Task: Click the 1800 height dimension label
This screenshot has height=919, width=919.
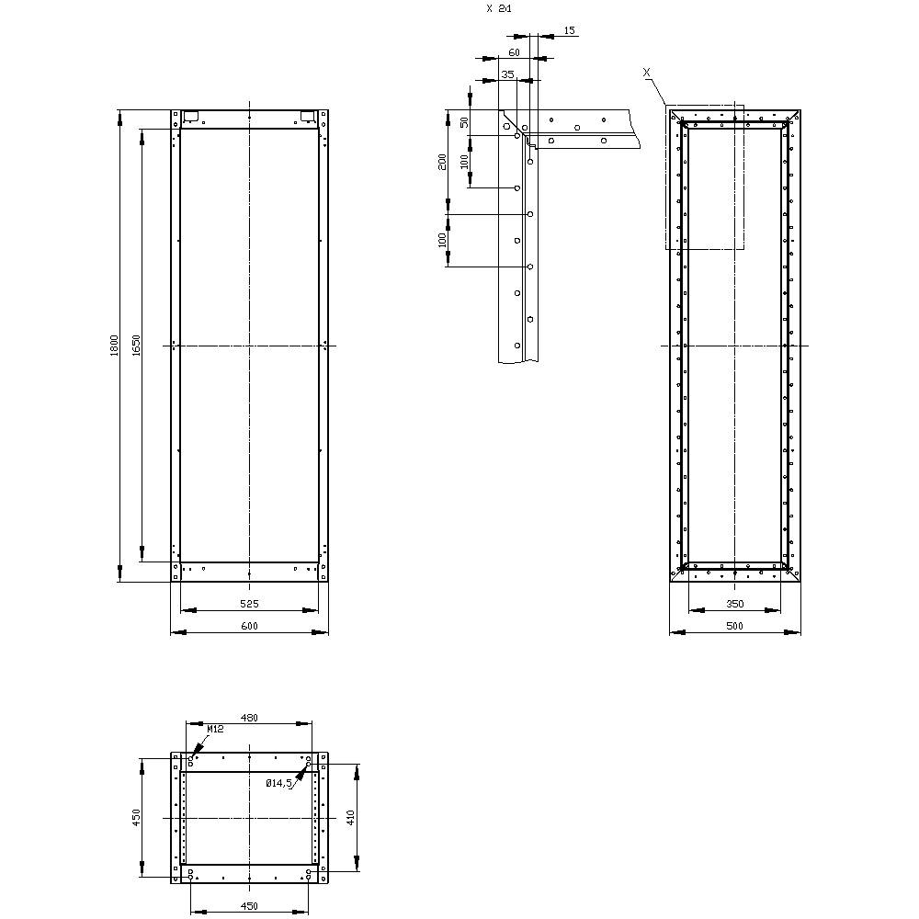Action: click(114, 346)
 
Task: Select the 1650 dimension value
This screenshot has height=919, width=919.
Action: click(135, 346)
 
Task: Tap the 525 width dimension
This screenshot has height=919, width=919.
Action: click(249, 604)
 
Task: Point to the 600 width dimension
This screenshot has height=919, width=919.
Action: click(249, 627)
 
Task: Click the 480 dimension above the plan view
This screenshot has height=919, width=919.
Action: click(248, 719)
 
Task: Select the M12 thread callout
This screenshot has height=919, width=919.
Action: click(215, 729)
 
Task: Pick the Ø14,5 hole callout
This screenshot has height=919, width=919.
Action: click(278, 784)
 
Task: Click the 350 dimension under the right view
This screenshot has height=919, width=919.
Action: click(734, 604)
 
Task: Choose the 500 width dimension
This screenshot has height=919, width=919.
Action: click(734, 627)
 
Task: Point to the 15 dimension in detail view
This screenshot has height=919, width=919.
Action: click(569, 31)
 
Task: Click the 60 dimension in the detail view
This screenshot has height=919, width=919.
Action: click(514, 53)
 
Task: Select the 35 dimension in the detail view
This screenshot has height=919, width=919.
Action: click(507, 75)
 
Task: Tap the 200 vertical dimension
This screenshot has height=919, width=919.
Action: click(443, 161)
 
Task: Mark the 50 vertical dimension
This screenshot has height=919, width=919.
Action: click(464, 121)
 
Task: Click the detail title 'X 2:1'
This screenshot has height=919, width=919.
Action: click(499, 8)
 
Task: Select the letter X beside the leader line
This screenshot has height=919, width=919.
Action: click(647, 71)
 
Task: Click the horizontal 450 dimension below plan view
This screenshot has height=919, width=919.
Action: click(248, 906)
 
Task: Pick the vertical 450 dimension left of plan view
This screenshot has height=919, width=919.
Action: click(136, 816)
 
